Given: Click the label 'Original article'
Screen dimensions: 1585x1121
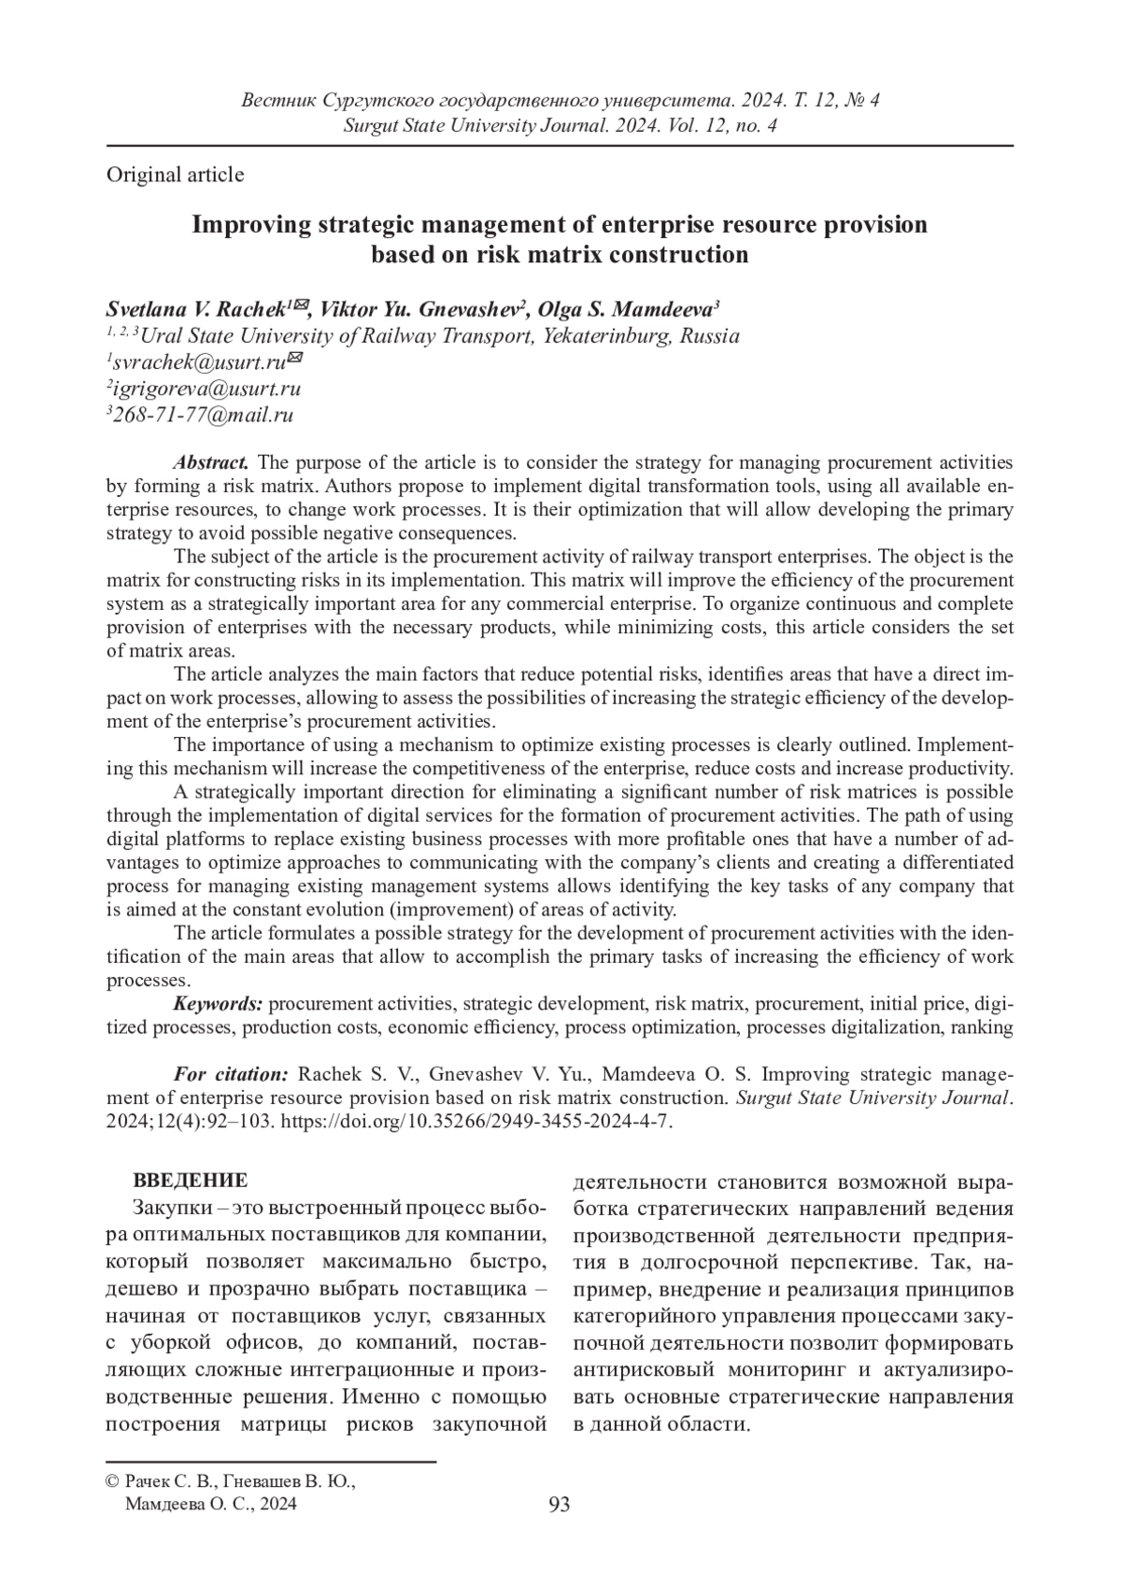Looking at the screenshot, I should pos(176,175).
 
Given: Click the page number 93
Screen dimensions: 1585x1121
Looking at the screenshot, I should pos(560,1504).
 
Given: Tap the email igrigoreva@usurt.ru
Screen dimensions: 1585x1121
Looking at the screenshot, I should pos(204,389).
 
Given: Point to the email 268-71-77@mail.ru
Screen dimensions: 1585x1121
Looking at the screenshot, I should pos(201,416).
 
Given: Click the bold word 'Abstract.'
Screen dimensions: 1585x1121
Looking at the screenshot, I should pos(211,462).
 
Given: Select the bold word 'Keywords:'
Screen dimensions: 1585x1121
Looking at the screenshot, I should pos(218,1004).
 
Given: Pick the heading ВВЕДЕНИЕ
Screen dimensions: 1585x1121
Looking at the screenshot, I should pos(191,1180).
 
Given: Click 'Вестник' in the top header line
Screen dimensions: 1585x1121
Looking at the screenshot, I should pos(277,100).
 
